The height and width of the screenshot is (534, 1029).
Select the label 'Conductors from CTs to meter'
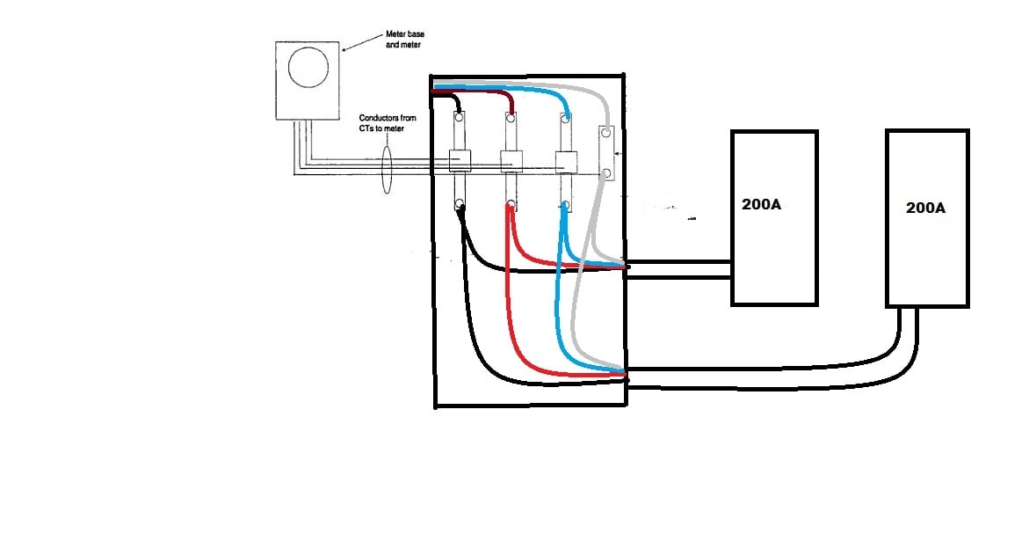pyautogui.click(x=388, y=125)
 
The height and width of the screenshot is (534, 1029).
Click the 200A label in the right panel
pyautogui.click(x=925, y=208)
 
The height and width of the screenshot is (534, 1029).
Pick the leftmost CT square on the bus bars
pyautogui.click(x=460, y=160)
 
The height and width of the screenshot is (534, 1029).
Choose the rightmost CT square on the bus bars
pyautogui.click(x=566, y=160)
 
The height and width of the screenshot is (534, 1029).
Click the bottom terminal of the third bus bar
pyautogui.click(x=565, y=206)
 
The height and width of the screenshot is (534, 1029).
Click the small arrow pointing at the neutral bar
pyautogui.click(x=617, y=154)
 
